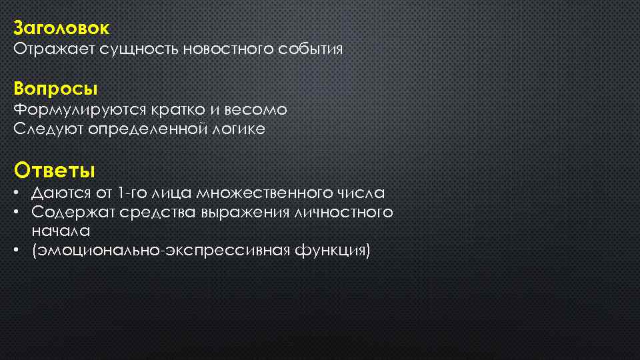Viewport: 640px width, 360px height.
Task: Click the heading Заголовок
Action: (61, 29)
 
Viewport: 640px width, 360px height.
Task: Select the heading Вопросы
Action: (55, 88)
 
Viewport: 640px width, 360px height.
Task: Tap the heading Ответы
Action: (55, 170)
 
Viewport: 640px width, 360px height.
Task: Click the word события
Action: (313, 49)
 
